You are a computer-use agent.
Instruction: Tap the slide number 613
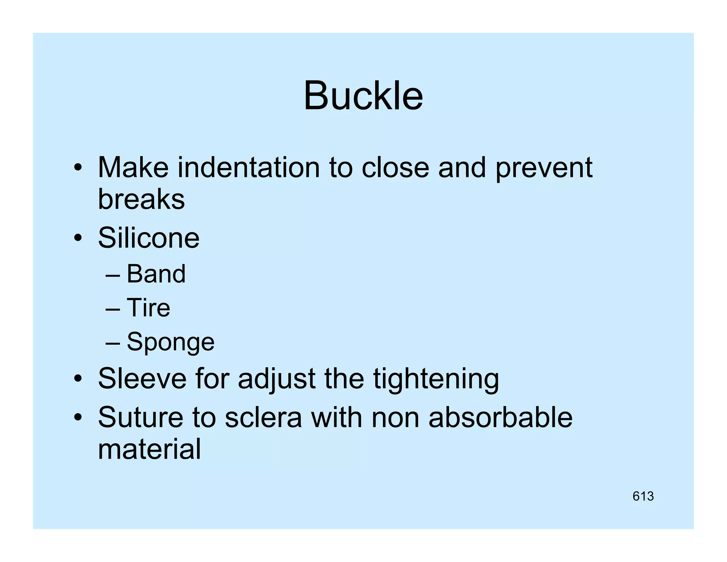click(643, 496)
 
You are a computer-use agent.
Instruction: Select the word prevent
click(544, 168)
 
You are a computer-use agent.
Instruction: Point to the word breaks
click(141, 199)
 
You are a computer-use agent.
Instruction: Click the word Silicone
click(148, 238)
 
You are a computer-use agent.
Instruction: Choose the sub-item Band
click(156, 274)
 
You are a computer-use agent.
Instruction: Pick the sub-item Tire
click(148, 308)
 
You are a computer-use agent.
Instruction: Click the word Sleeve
click(142, 379)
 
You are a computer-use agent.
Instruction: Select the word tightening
click(436, 379)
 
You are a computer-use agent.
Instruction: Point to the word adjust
click(277, 379)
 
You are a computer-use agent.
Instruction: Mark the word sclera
click(263, 417)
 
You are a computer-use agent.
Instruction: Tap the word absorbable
click(500, 417)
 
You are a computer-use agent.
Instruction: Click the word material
click(149, 449)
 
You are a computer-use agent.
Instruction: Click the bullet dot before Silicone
click(78, 238)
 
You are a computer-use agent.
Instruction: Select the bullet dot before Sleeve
click(78, 379)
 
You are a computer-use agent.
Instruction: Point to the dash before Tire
click(113, 308)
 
